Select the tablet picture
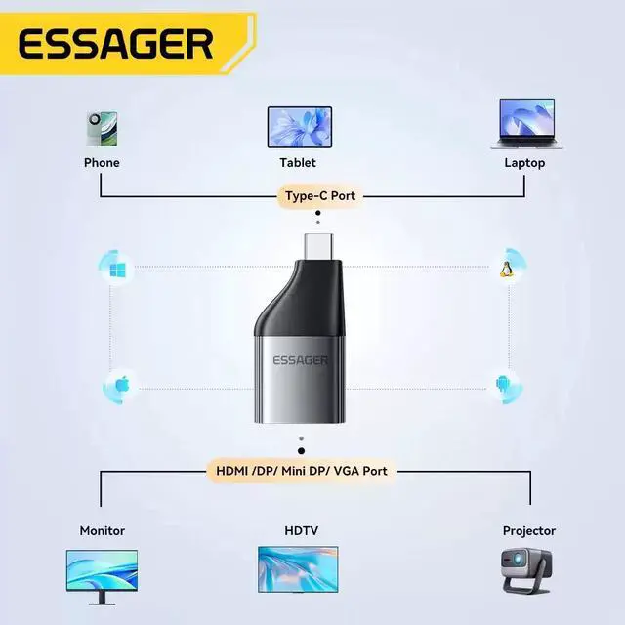click(299, 127)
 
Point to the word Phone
click(102, 163)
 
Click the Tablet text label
click(298, 163)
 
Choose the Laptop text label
click(524, 163)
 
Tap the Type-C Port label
click(319, 196)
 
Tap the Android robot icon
click(502, 384)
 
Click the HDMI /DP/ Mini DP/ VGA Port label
click(301, 471)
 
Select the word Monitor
click(103, 531)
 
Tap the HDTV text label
click(300, 531)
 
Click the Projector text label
click(528, 531)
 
